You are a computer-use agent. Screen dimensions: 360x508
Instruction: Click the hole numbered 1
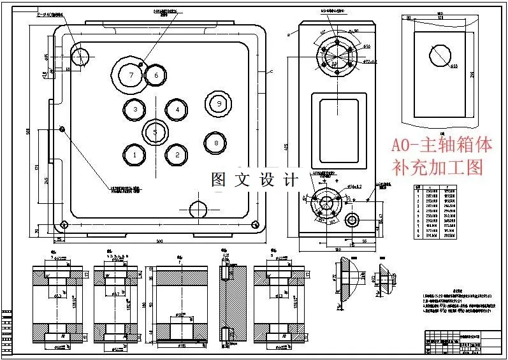(134, 154)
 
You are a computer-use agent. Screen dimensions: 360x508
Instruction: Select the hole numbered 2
(177, 154)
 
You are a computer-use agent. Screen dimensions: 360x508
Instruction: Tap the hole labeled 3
(135, 110)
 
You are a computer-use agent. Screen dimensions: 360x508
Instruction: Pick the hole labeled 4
(177, 110)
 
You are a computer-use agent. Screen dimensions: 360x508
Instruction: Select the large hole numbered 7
(131, 75)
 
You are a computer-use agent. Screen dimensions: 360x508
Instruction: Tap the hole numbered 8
(216, 143)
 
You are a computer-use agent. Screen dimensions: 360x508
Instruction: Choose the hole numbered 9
(218, 103)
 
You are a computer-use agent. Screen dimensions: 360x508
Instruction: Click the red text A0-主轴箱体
(442, 145)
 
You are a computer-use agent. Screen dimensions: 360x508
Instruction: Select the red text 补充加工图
(437, 168)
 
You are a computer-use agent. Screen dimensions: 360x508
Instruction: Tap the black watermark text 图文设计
(254, 180)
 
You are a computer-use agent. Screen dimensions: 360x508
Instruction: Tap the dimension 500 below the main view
(159, 241)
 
